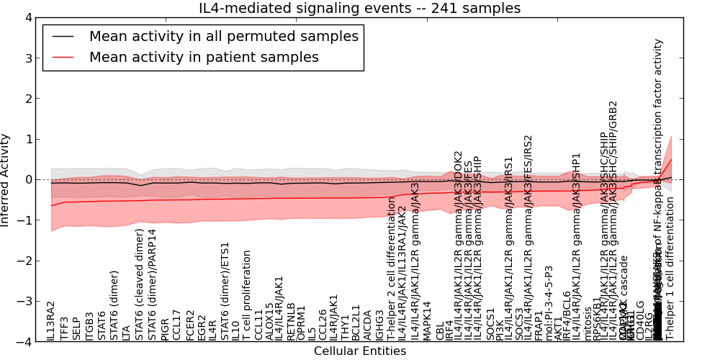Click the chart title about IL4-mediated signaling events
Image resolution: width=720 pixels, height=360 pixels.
coord(359,9)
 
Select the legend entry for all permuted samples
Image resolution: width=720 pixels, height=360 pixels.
coord(223,36)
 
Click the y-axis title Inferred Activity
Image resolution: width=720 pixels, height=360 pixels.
coord(6,179)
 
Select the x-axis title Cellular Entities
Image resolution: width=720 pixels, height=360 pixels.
coord(359,351)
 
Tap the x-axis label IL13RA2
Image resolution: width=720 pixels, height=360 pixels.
coord(51,321)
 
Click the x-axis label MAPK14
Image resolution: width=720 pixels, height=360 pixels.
coord(427,320)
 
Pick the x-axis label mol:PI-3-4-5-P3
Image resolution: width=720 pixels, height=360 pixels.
coord(549,303)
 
